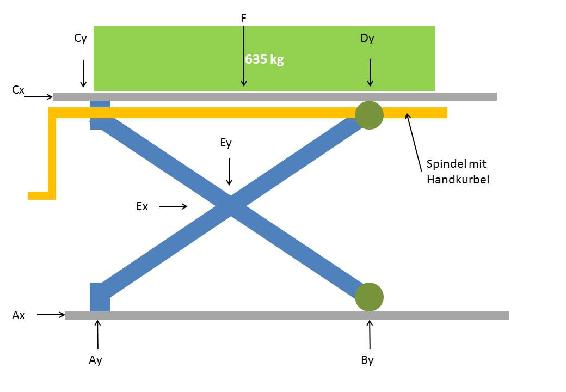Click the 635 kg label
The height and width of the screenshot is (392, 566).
tap(264, 59)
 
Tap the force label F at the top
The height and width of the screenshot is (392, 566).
tap(244, 19)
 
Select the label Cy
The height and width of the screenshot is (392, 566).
tap(81, 39)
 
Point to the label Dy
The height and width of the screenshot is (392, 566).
tap(367, 39)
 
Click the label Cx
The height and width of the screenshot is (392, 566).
tap(19, 89)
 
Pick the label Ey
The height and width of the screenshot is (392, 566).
tap(226, 143)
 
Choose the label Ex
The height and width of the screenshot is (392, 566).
tap(142, 206)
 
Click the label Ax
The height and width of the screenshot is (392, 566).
tap(19, 315)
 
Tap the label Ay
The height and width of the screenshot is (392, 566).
tap(95, 360)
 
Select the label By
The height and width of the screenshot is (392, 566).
tap(367, 360)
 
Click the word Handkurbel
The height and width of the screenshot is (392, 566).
tap(458, 180)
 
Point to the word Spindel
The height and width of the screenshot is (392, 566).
tap(446, 164)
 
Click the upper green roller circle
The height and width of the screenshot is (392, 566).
tap(369, 115)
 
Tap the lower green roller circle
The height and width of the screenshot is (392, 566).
tap(369, 297)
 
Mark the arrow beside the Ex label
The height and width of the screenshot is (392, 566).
tap(173, 206)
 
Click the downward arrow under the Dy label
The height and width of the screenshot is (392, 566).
tap(370, 72)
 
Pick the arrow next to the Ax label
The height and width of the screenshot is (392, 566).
tap(51, 315)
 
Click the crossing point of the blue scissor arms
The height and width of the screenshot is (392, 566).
tap(231, 206)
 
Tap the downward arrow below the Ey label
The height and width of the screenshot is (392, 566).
tap(229, 171)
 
